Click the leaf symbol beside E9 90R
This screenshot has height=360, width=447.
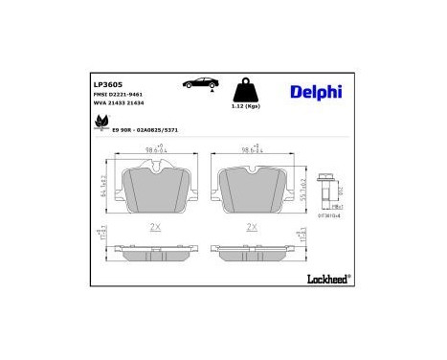point(101,122)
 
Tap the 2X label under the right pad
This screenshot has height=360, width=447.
point(251,227)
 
